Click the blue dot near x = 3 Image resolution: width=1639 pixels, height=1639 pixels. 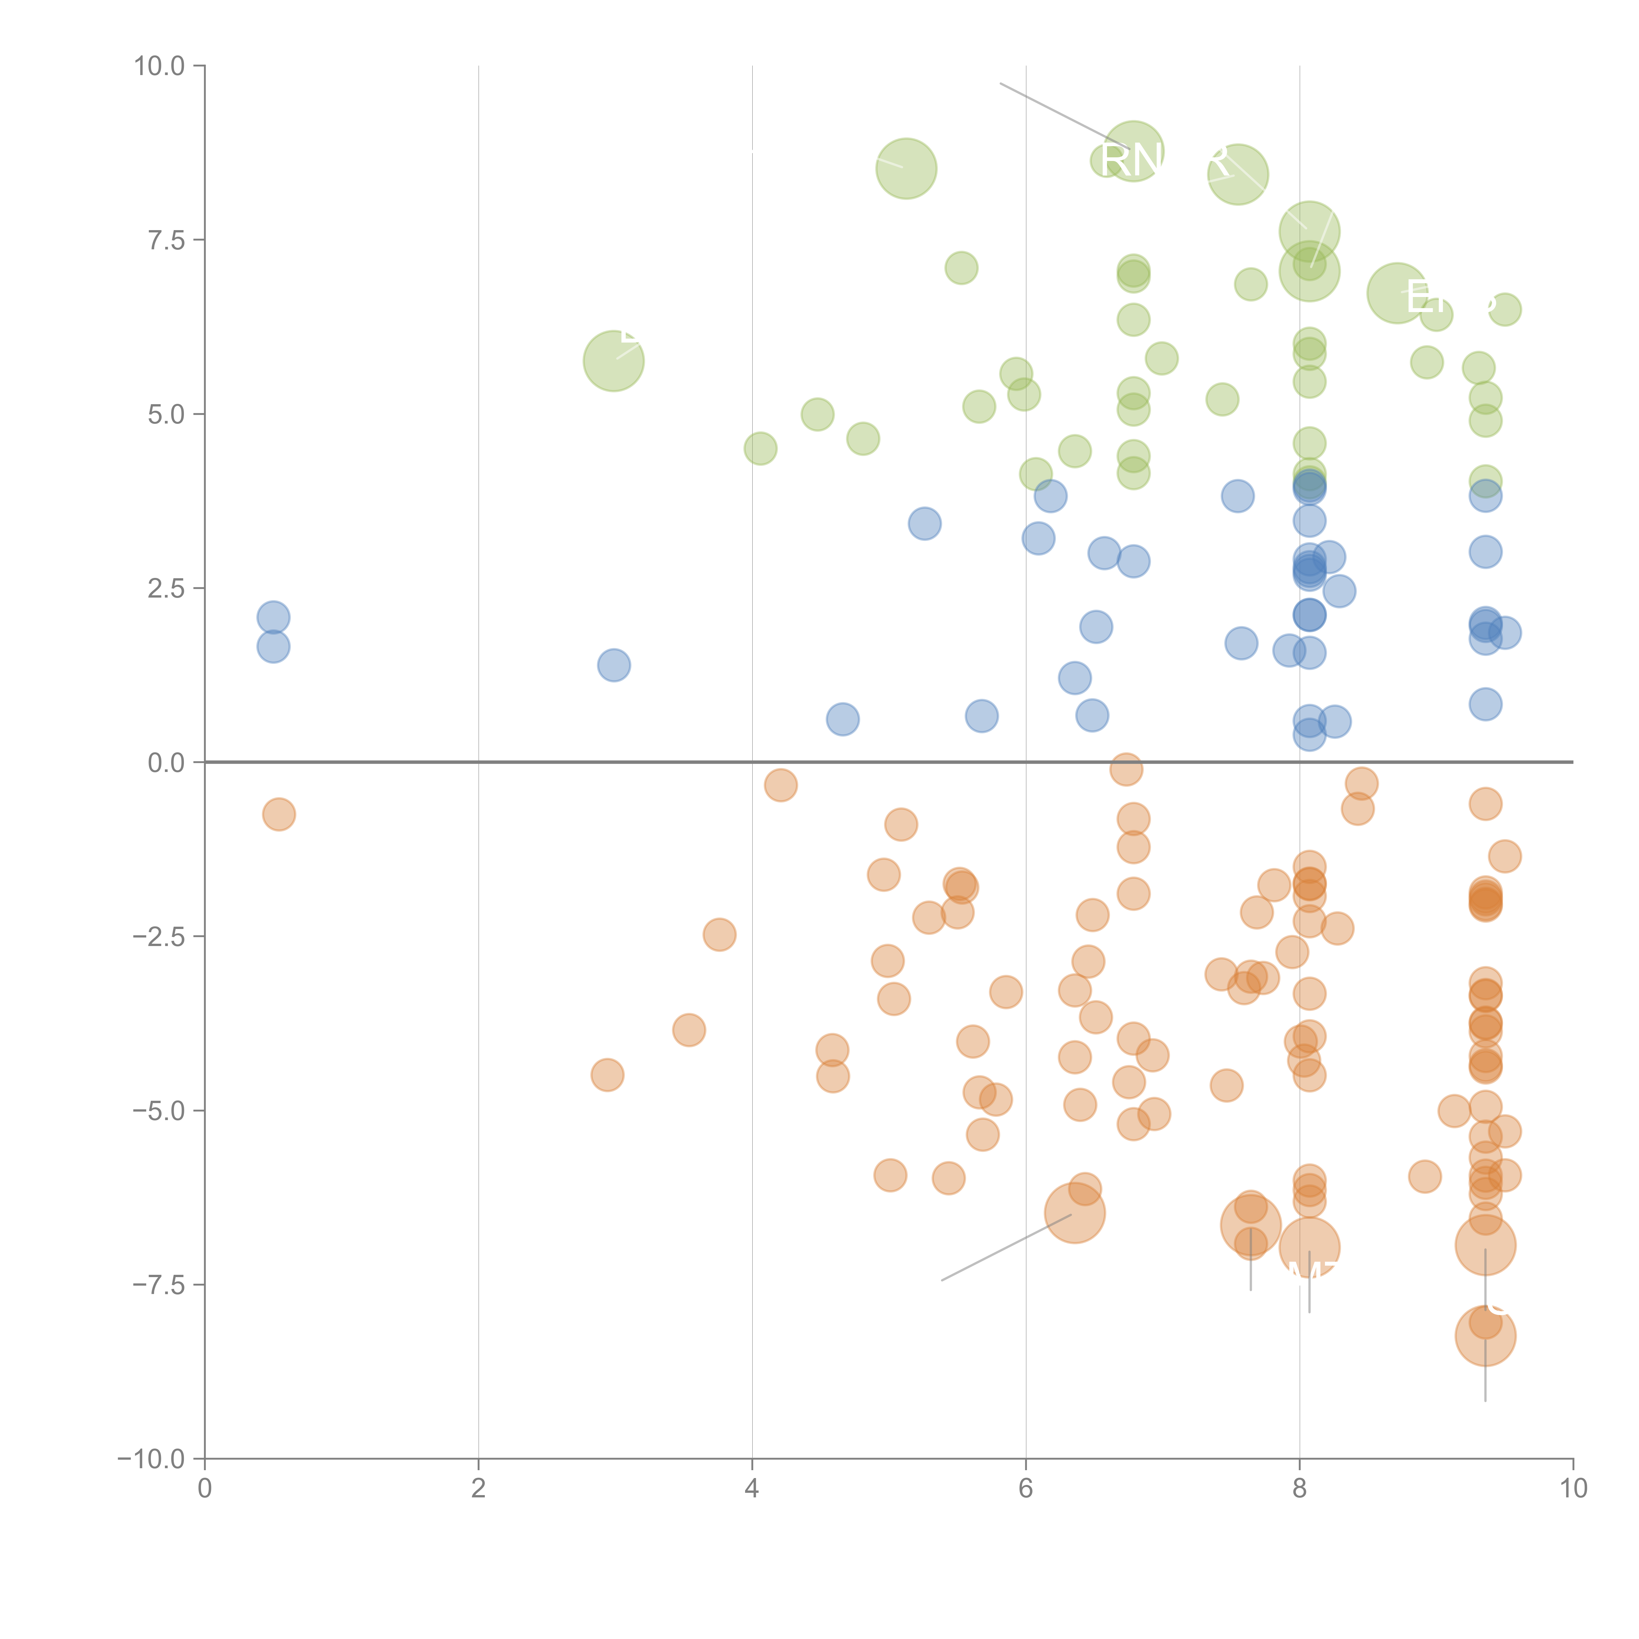(613, 665)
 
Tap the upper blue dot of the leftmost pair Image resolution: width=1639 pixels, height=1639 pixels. (273, 618)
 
